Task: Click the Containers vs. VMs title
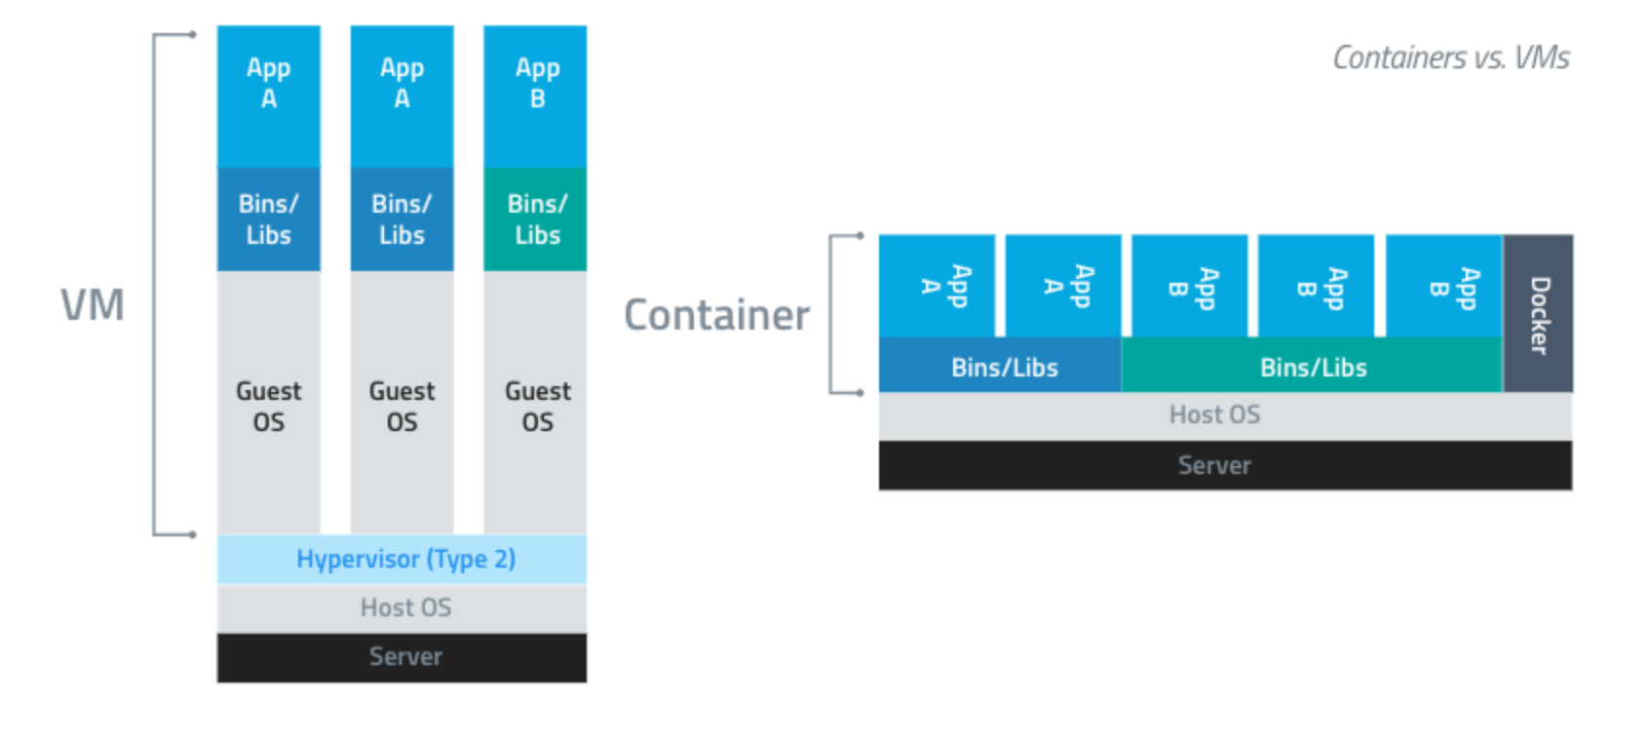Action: click(x=1450, y=59)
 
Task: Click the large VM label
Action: click(x=93, y=305)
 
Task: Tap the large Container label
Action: click(x=716, y=315)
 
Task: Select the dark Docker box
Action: click(x=1538, y=313)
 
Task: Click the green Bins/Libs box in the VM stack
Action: click(x=535, y=219)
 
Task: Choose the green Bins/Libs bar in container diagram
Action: click(x=1312, y=367)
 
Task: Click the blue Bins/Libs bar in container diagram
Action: click(x=1001, y=367)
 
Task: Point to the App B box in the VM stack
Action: click(x=535, y=96)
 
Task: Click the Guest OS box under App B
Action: click(x=535, y=405)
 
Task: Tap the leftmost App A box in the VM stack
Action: click(x=268, y=96)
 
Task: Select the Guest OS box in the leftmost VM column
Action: click(x=268, y=405)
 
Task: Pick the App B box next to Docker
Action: click(x=1443, y=286)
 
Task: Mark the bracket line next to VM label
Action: click(x=154, y=283)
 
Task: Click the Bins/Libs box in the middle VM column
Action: click(x=402, y=219)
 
